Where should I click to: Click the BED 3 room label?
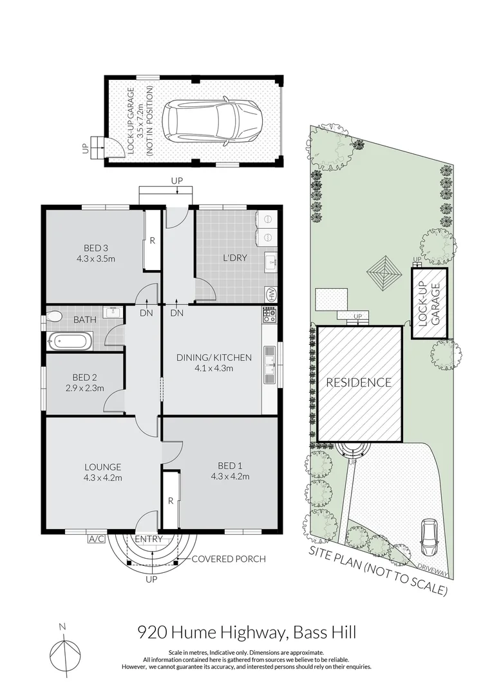click(x=96, y=248)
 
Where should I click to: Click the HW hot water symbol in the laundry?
click(x=270, y=295)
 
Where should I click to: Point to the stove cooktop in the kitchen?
click(x=269, y=315)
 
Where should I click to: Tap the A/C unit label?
click(x=96, y=539)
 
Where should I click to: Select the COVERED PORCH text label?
click(x=229, y=559)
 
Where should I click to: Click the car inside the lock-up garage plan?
click(x=212, y=121)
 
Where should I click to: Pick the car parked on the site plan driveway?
click(x=429, y=537)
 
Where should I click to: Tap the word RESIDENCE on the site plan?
click(x=359, y=383)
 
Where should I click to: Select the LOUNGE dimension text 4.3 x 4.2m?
click(x=102, y=478)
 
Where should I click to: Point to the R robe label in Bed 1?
click(x=171, y=501)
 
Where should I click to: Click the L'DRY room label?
click(x=234, y=257)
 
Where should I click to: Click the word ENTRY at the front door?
click(x=149, y=539)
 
